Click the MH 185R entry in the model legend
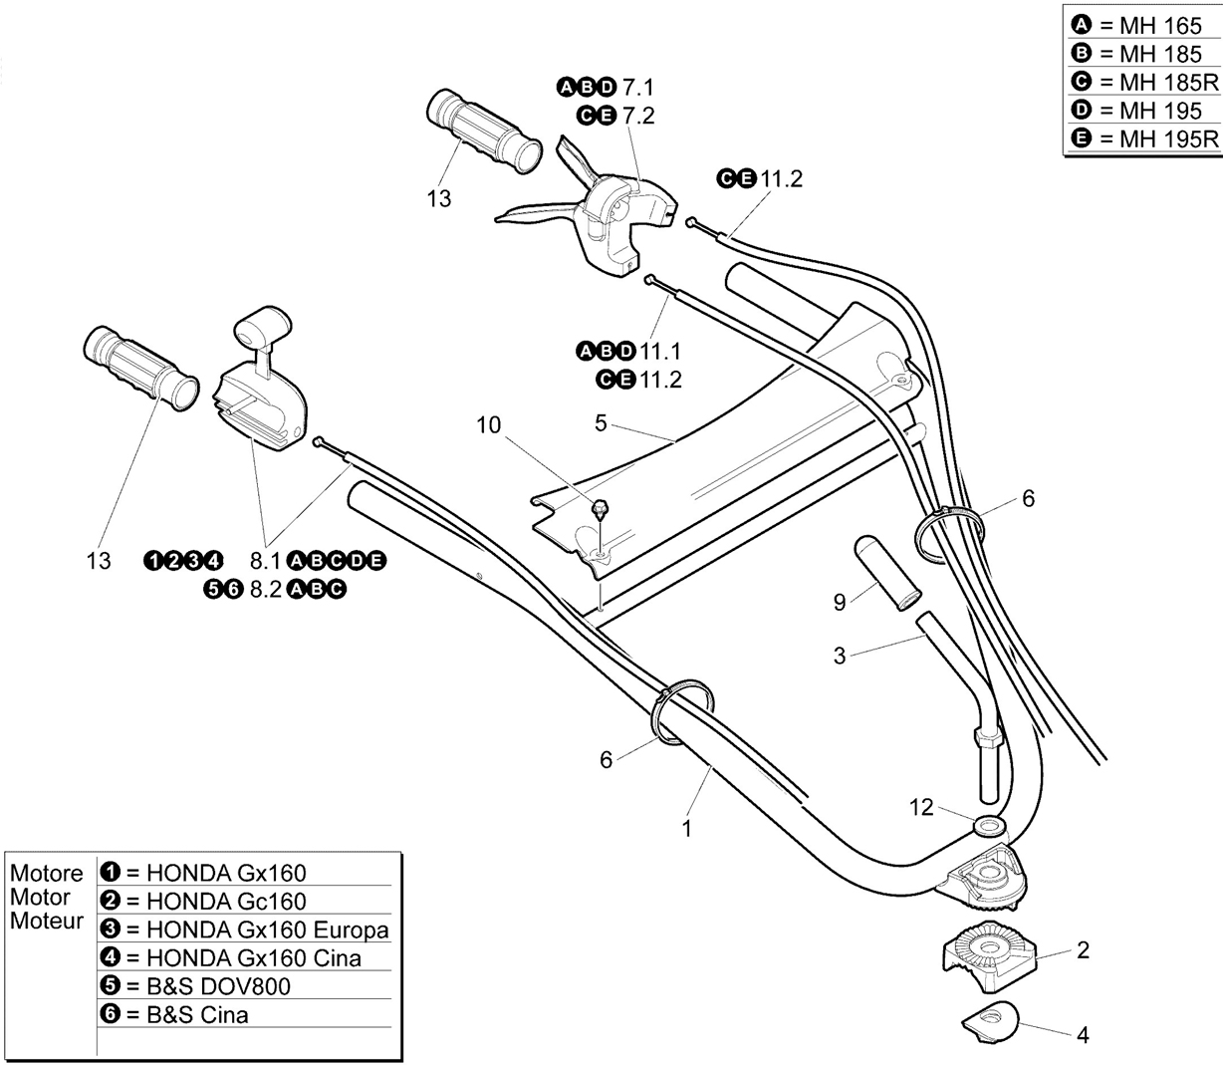pyautogui.click(x=1144, y=83)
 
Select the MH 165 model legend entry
pyautogui.click(x=1135, y=26)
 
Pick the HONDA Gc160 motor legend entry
pyautogui.click(x=203, y=902)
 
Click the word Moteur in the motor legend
pyautogui.click(x=47, y=921)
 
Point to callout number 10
pyautogui.click(x=488, y=425)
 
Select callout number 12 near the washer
pyautogui.click(x=921, y=807)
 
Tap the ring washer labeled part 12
pyautogui.click(x=989, y=828)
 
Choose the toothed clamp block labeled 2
pyautogui.click(x=990, y=955)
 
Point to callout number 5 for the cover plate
pyautogui.click(x=601, y=423)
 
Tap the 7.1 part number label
pyautogui.click(x=638, y=88)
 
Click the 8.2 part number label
pyautogui.click(x=265, y=590)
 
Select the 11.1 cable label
pyautogui.click(x=660, y=352)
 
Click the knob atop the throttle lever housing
pyautogui.click(x=262, y=326)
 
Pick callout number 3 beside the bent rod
pyautogui.click(x=840, y=656)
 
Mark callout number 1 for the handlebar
pyautogui.click(x=687, y=829)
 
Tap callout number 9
pyautogui.click(x=840, y=602)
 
